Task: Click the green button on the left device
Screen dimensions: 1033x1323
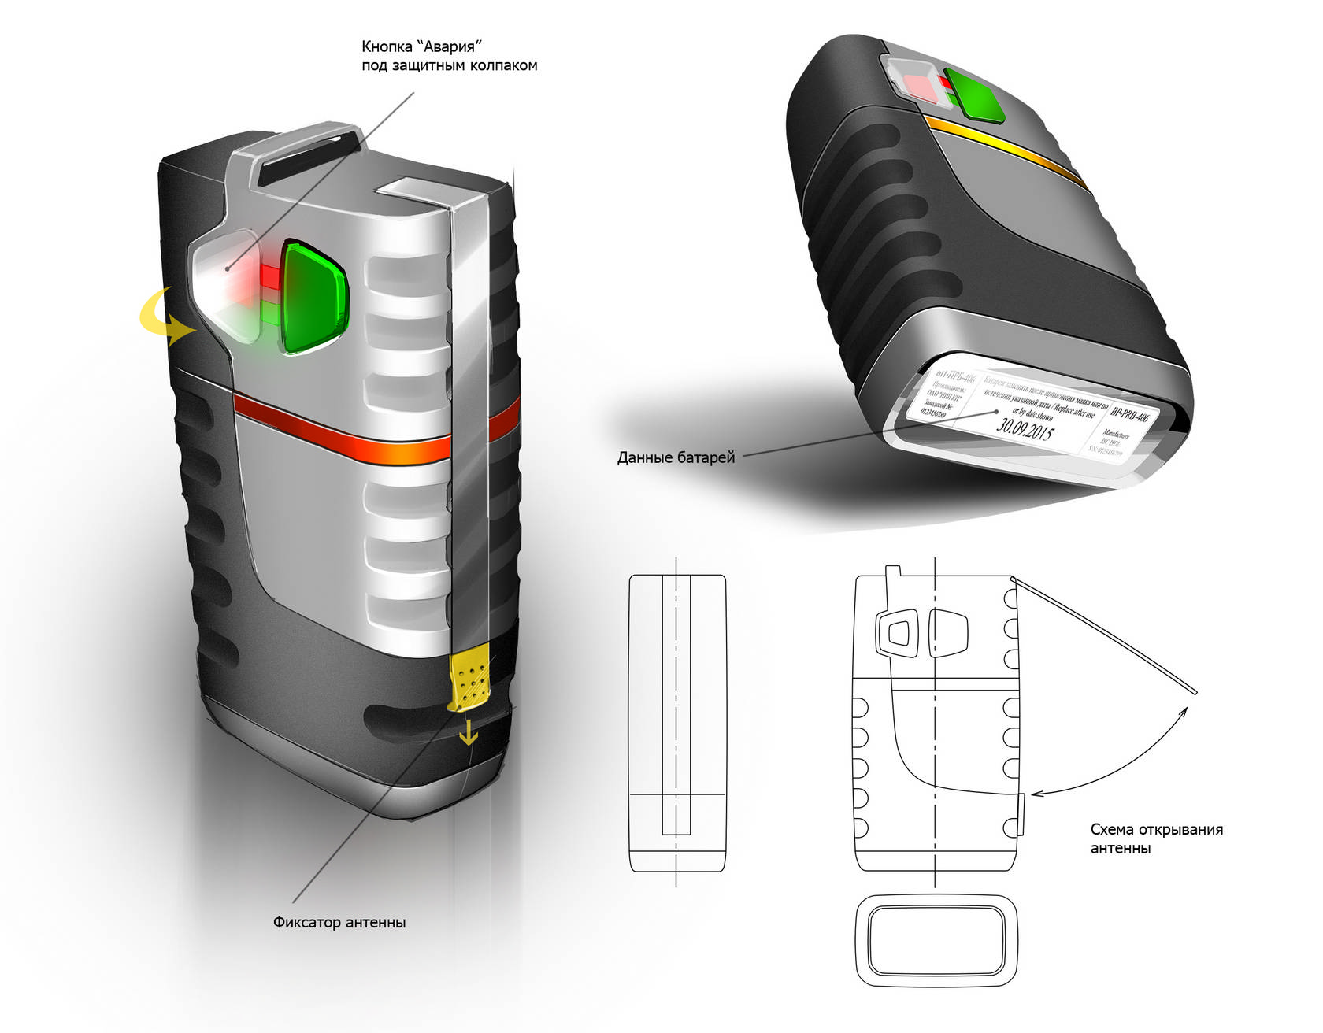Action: (313, 297)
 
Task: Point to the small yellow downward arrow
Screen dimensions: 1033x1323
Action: (469, 735)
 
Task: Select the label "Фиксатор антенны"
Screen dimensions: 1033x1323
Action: (339, 922)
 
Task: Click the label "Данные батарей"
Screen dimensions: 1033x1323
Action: (676, 457)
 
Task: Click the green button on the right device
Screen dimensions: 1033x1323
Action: (976, 94)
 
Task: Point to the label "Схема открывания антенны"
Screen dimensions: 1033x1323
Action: (1156, 839)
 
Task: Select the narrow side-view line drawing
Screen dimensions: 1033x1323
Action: (676, 723)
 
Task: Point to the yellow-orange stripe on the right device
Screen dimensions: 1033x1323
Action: (1008, 150)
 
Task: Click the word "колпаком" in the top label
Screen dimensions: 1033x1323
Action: (504, 65)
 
